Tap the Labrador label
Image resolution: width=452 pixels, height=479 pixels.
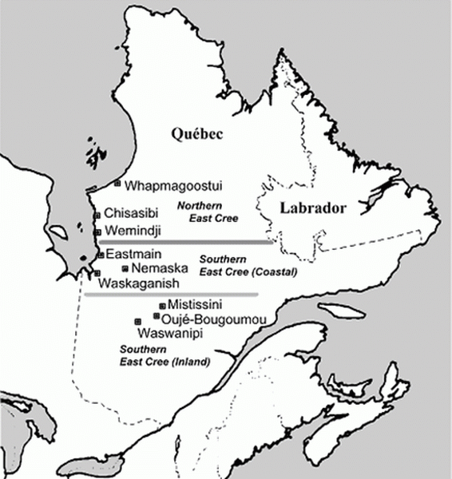312,209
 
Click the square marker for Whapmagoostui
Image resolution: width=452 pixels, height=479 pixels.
118,184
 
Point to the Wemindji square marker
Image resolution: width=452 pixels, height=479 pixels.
97,232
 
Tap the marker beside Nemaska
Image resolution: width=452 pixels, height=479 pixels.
125,268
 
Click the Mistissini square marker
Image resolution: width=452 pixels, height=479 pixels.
162,305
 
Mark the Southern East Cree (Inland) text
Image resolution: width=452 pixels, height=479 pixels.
164,356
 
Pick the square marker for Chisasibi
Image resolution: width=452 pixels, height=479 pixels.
97,215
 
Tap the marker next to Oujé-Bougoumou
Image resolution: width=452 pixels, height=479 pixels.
155,317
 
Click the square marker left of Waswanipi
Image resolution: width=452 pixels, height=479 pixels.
137,321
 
